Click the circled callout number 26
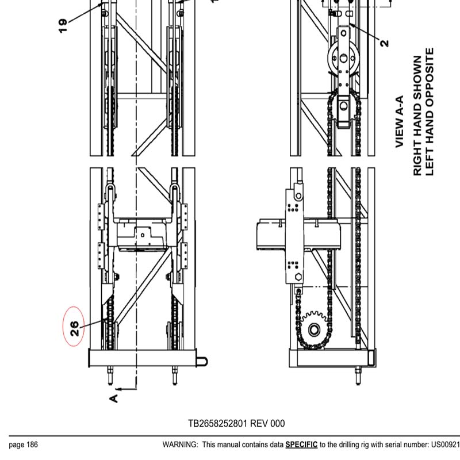(x=74, y=328)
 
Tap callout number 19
(x=63, y=25)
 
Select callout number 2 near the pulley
(x=384, y=42)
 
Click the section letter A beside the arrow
(x=114, y=397)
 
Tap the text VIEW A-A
(x=401, y=122)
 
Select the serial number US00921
(x=446, y=444)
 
